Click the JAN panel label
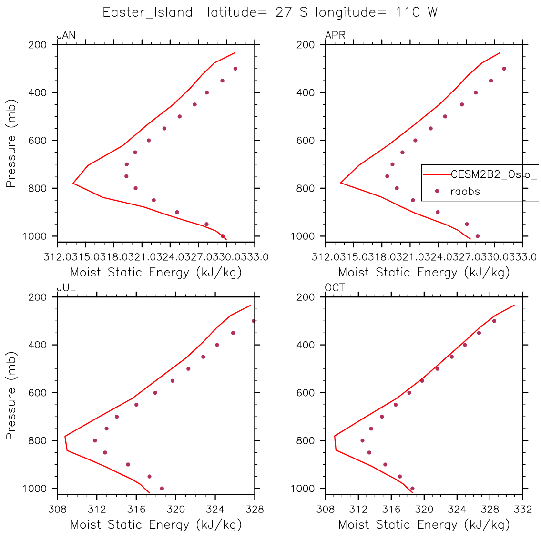point(66,36)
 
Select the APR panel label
point(335,36)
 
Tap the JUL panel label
point(66,288)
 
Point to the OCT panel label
point(335,288)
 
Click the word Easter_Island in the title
point(148,12)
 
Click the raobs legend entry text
point(465,192)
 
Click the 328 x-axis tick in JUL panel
point(255,509)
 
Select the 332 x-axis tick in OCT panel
point(523,509)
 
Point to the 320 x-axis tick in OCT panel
point(424,509)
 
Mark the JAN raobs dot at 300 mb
point(235,69)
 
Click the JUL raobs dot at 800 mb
point(95,440)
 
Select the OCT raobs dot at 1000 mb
point(412,488)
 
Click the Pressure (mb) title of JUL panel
point(11,393)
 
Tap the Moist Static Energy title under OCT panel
point(424,525)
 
